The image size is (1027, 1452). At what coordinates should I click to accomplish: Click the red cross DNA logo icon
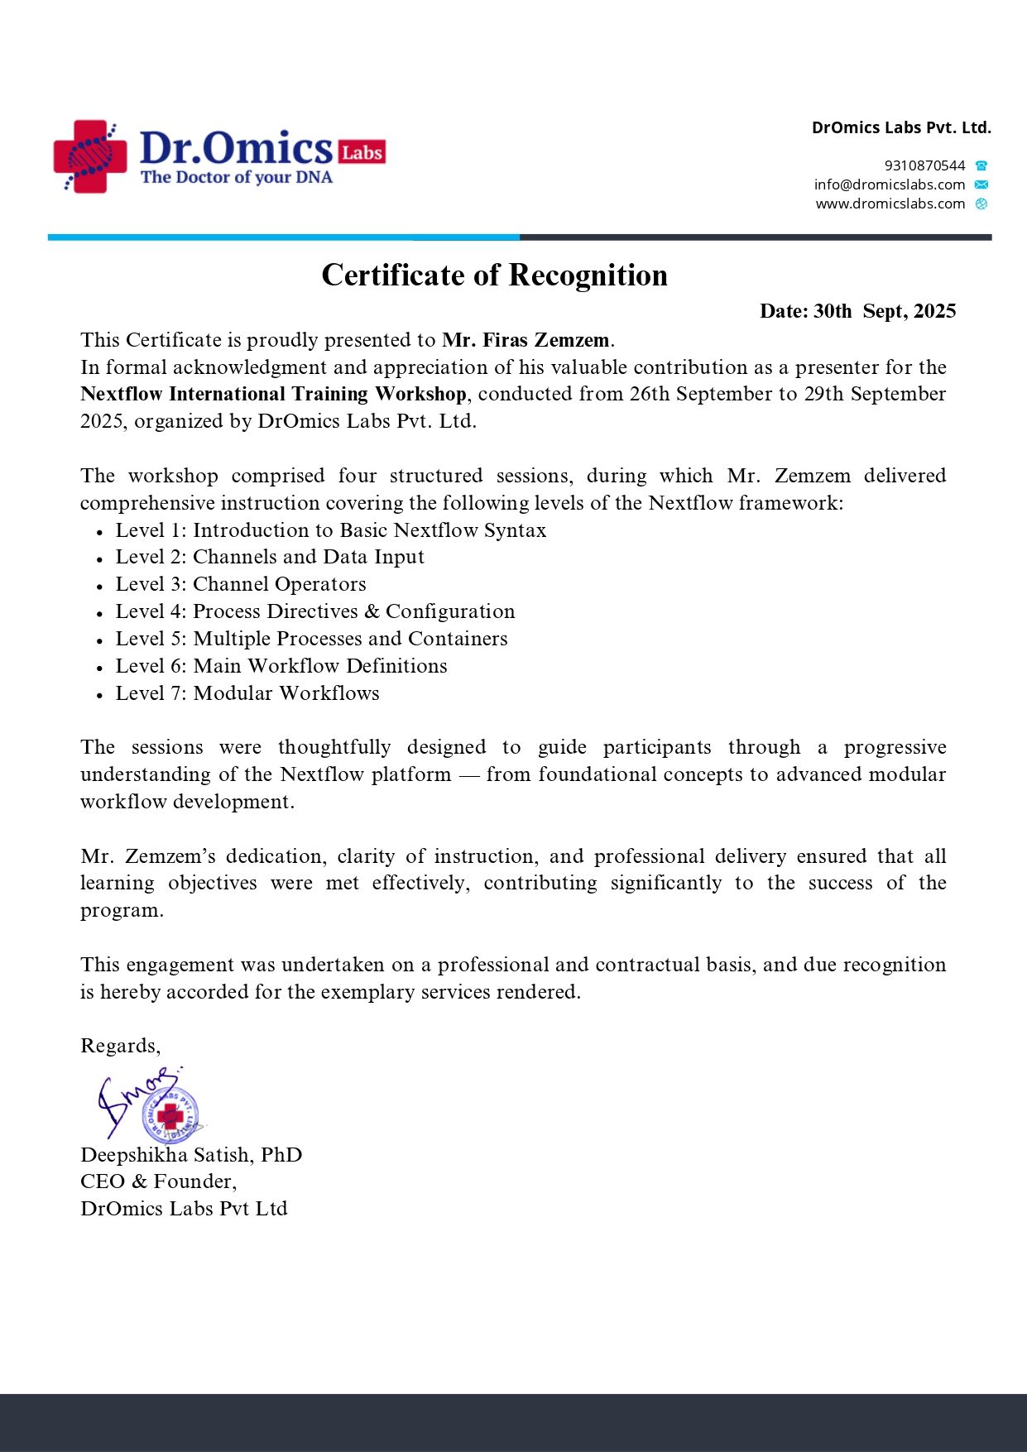pyautogui.click(x=89, y=156)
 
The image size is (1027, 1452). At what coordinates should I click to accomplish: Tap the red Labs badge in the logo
pyautogui.click(x=362, y=152)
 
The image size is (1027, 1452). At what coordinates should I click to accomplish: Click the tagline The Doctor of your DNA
pyautogui.click(x=236, y=177)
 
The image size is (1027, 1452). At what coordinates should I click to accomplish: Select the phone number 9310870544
pyautogui.click(x=924, y=165)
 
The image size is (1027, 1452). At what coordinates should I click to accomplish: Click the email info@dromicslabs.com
pyautogui.click(x=889, y=184)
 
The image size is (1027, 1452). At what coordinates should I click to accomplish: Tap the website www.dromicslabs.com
pyautogui.click(x=890, y=204)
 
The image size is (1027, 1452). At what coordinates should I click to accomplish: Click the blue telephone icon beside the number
pyautogui.click(x=981, y=165)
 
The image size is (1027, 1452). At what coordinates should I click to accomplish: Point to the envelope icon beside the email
pyautogui.click(x=981, y=184)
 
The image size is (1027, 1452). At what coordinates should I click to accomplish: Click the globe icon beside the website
pyautogui.click(x=981, y=204)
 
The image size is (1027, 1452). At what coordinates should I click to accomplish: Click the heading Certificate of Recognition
pyautogui.click(x=494, y=276)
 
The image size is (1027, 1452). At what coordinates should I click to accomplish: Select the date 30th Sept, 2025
pyautogui.click(x=884, y=311)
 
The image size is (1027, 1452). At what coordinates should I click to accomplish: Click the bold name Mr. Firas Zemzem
pyautogui.click(x=526, y=340)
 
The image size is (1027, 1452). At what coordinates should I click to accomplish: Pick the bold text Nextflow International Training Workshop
pyautogui.click(x=273, y=394)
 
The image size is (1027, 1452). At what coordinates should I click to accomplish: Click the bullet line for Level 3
pyautogui.click(x=240, y=584)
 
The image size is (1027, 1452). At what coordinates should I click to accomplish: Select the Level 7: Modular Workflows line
pyautogui.click(x=247, y=693)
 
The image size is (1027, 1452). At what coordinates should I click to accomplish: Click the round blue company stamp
pyautogui.click(x=170, y=1116)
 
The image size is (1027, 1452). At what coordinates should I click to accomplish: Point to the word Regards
pyautogui.click(x=120, y=1046)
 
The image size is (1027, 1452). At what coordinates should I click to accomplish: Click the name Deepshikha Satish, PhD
pyautogui.click(x=191, y=1155)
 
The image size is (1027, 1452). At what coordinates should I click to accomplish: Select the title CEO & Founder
pyautogui.click(x=158, y=1181)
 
